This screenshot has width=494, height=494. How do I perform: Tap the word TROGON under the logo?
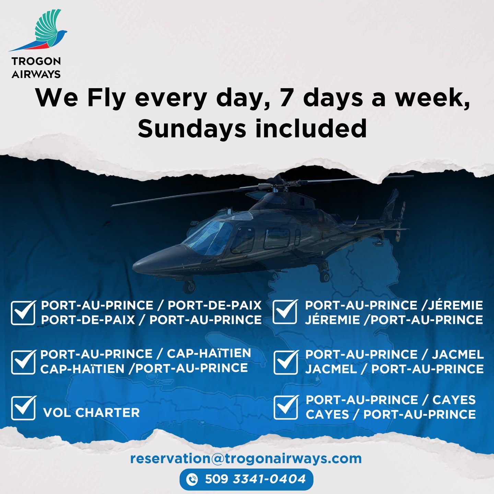click(36, 61)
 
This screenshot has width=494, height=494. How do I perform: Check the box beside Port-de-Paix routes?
click(23, 313)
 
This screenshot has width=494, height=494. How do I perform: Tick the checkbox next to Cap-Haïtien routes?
click(23, 362)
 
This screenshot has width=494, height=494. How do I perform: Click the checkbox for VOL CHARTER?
click(23, 408)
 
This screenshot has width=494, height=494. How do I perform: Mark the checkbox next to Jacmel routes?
click(286, 362)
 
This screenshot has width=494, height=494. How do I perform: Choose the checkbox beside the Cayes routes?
click(286, 407)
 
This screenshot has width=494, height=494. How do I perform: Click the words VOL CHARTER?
click(91, 413)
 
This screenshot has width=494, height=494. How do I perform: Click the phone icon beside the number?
click(192, 479)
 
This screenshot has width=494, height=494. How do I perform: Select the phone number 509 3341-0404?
click(255, 479)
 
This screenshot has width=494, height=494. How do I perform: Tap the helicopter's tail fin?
click(392, 202)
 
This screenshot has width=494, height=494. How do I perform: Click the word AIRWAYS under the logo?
click(36, 74)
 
